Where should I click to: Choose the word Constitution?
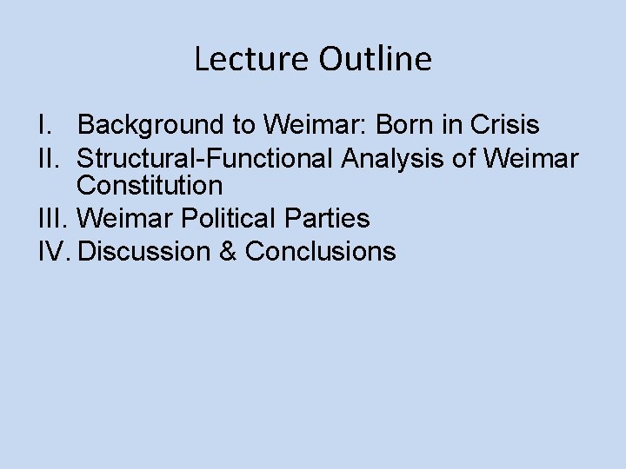click(150, 185)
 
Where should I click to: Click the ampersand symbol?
click(227, 252)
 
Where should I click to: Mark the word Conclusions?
click(321, 252)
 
